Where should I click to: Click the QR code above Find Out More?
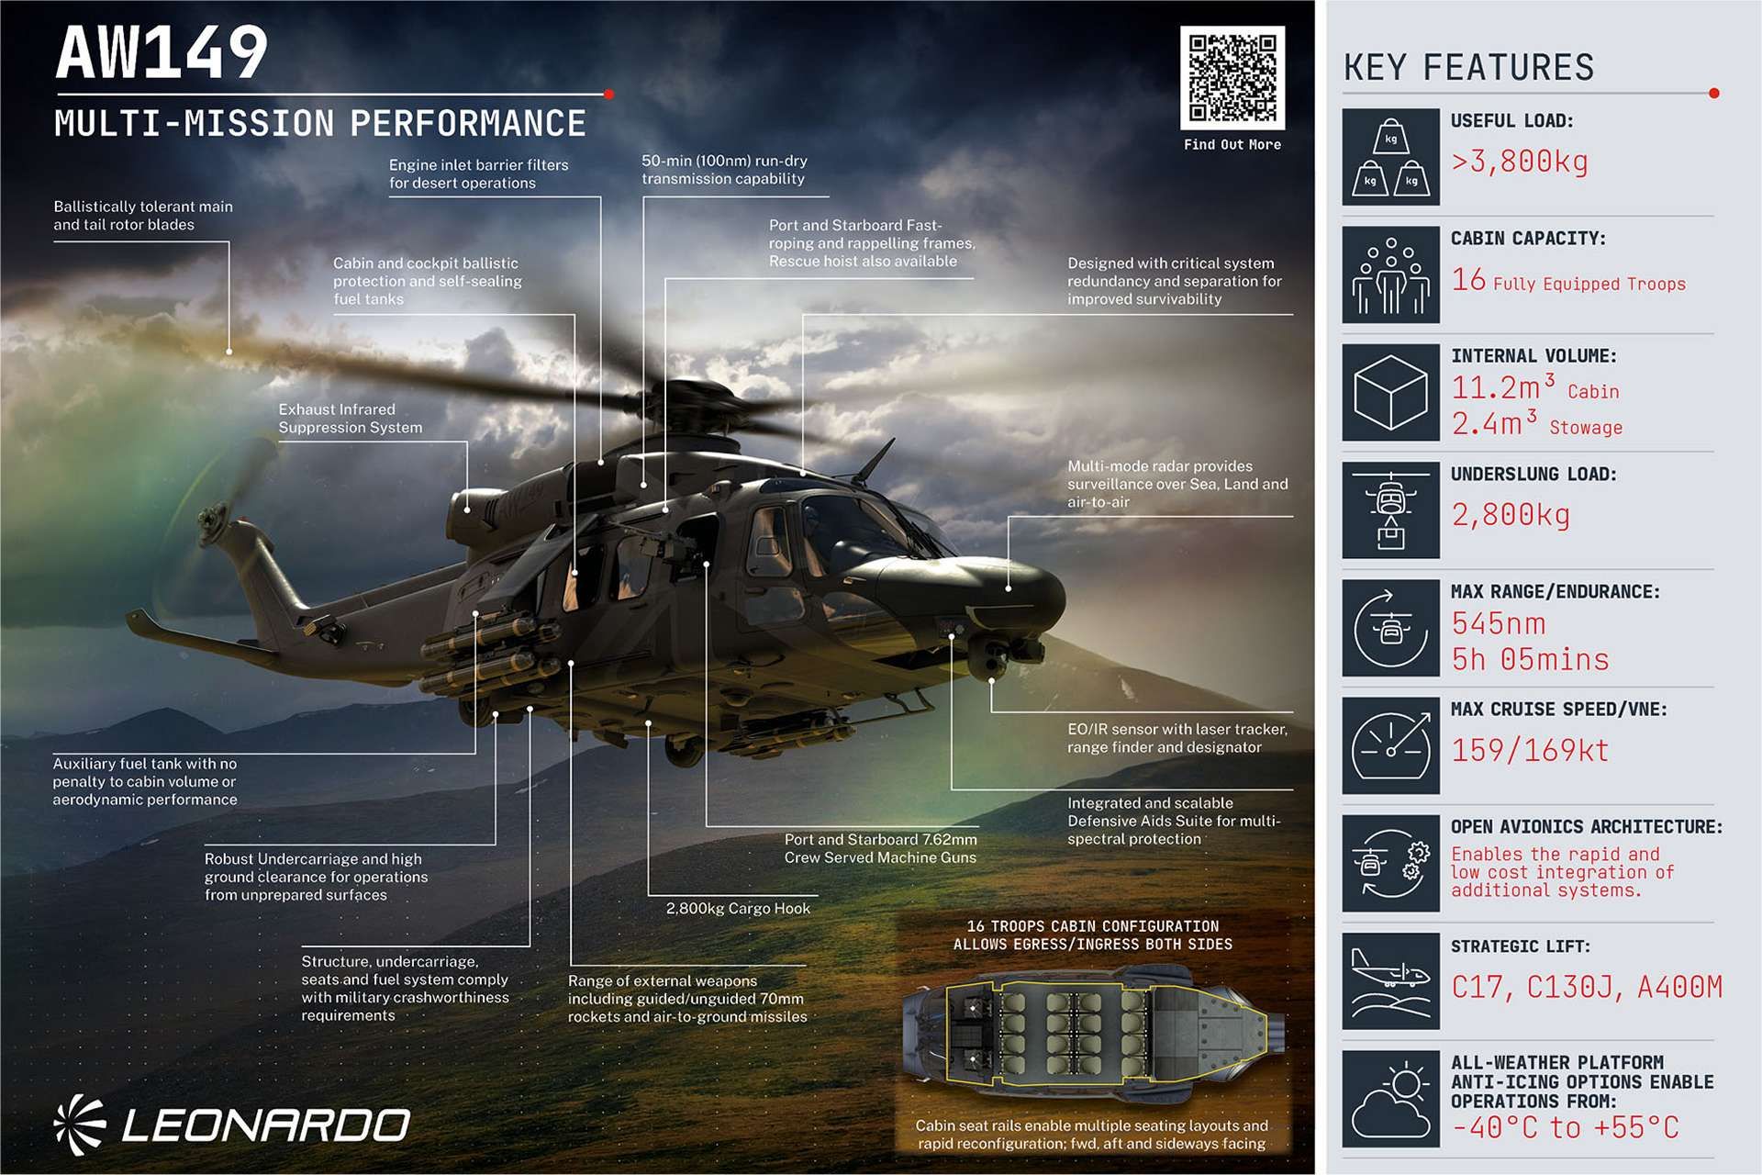pyautogui.click(x=1232, y=77)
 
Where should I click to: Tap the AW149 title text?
pyautogui.click(x=162, y=53)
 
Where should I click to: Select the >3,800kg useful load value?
pyautogui.click(x=1519, y=162)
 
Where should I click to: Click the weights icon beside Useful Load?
pyautogui.click(x=1390, y=157)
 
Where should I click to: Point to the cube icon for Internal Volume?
pyautogui.click(x=1390, y=392)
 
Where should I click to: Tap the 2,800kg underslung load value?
pyautogui.click(x=1511, y=515)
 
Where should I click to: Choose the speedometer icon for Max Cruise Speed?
pyautogui.click(x=1390, y=744)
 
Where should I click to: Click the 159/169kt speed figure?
pyautogui.click(x=1530, y=750)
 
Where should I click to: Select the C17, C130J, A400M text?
pyautogui.click(x=1587, y=987)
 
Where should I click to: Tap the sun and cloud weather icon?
pyautogui.click(x=1390, y=1098)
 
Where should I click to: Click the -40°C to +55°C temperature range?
pyautogui.click(x=1565, y=1127)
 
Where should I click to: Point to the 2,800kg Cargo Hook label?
pyautogui.click(x=738, y=909)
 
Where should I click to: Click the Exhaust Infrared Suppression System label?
pyautogui.click(x=350, y=419)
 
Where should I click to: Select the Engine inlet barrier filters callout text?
pyautogui.click(x=478, y=173)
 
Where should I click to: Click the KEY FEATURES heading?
pyautogui.click(x=1468, y=68)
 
